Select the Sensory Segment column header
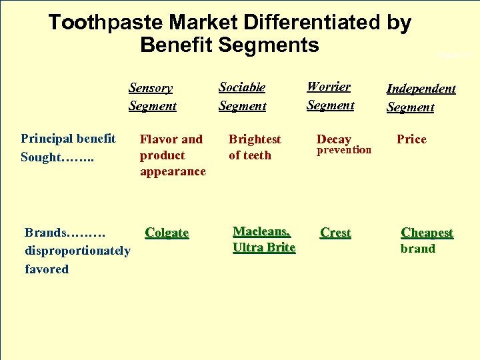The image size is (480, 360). coord(152,97)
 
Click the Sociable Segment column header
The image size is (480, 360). coord(242,96)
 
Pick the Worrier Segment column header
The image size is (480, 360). coord(330,95)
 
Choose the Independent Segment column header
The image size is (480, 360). coord(421,97)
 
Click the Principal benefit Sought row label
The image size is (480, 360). coord(68,147)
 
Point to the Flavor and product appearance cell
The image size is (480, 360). coord(172,155)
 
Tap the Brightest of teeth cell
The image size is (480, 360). coord(254,147)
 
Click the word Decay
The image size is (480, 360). coord(334,139)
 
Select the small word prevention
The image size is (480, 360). coord(343,150)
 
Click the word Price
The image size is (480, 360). coord(411,139)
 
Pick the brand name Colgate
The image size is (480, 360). coord(167,233)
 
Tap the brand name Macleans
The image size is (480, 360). coord(261,231)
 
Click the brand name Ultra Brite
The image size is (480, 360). coord(263,247)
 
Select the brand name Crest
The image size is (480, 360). coord(335,233)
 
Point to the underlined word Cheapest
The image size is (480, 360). coord(427,233)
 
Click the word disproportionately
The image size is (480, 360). coord(77,251)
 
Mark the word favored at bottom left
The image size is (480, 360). coord(47,269)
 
